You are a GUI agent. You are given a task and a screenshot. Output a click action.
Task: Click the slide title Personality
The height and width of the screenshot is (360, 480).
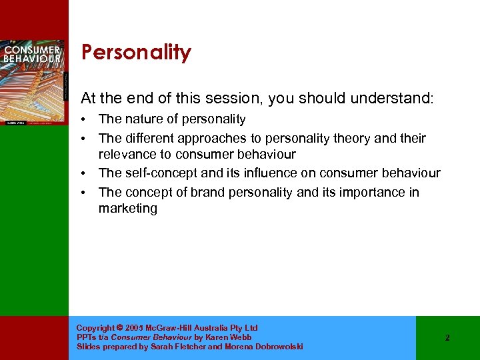coord(136,53)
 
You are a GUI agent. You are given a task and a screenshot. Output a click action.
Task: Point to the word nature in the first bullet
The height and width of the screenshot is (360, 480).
coord(143,119)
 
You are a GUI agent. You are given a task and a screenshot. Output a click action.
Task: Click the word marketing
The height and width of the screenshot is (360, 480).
coord(128,208)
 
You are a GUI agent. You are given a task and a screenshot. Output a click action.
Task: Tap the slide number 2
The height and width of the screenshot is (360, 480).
coord(447,338)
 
